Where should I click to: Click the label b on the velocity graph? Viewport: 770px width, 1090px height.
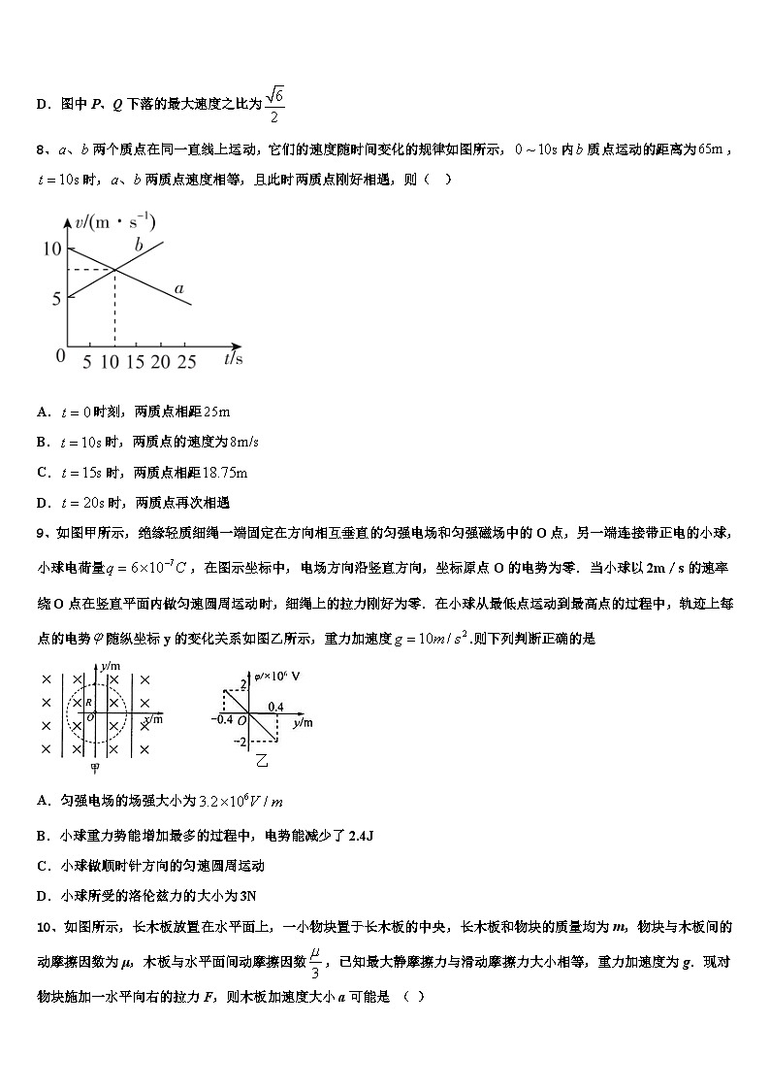click(x=139, y=246)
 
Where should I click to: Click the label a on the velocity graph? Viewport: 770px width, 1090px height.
click(x=178, y=288)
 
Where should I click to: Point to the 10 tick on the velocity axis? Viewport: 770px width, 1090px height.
click(x=51, y=249)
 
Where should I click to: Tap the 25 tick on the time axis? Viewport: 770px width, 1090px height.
click(x=186, y=361)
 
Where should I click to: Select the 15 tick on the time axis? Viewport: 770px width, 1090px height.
click(x=137, y=361)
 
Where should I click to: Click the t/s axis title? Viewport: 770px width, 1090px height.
click(x=233, y=358)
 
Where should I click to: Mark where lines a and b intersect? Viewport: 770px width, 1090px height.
click(x=115, y=269)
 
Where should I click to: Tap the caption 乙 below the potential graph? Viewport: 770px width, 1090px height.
click(x=262, y=759)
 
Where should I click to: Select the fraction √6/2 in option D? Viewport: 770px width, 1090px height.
click(x=275, y=104)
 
